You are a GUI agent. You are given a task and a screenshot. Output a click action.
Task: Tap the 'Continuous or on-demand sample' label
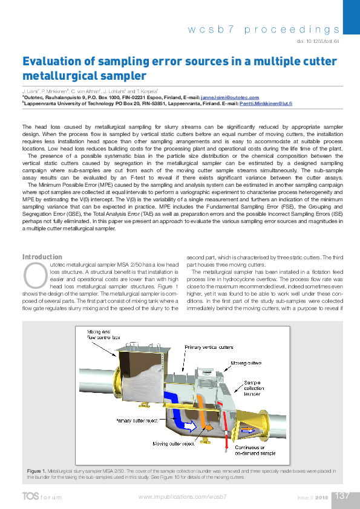pyautogui.click(x=257, y=450)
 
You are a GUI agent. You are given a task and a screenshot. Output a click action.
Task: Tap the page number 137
pyautogui.click(x=342, y=496)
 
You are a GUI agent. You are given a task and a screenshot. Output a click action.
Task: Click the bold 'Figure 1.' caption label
pyautogui.click(x=37, y=470)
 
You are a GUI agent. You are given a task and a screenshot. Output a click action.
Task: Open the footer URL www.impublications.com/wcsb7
pyautogui.click(x=182, y=496)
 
